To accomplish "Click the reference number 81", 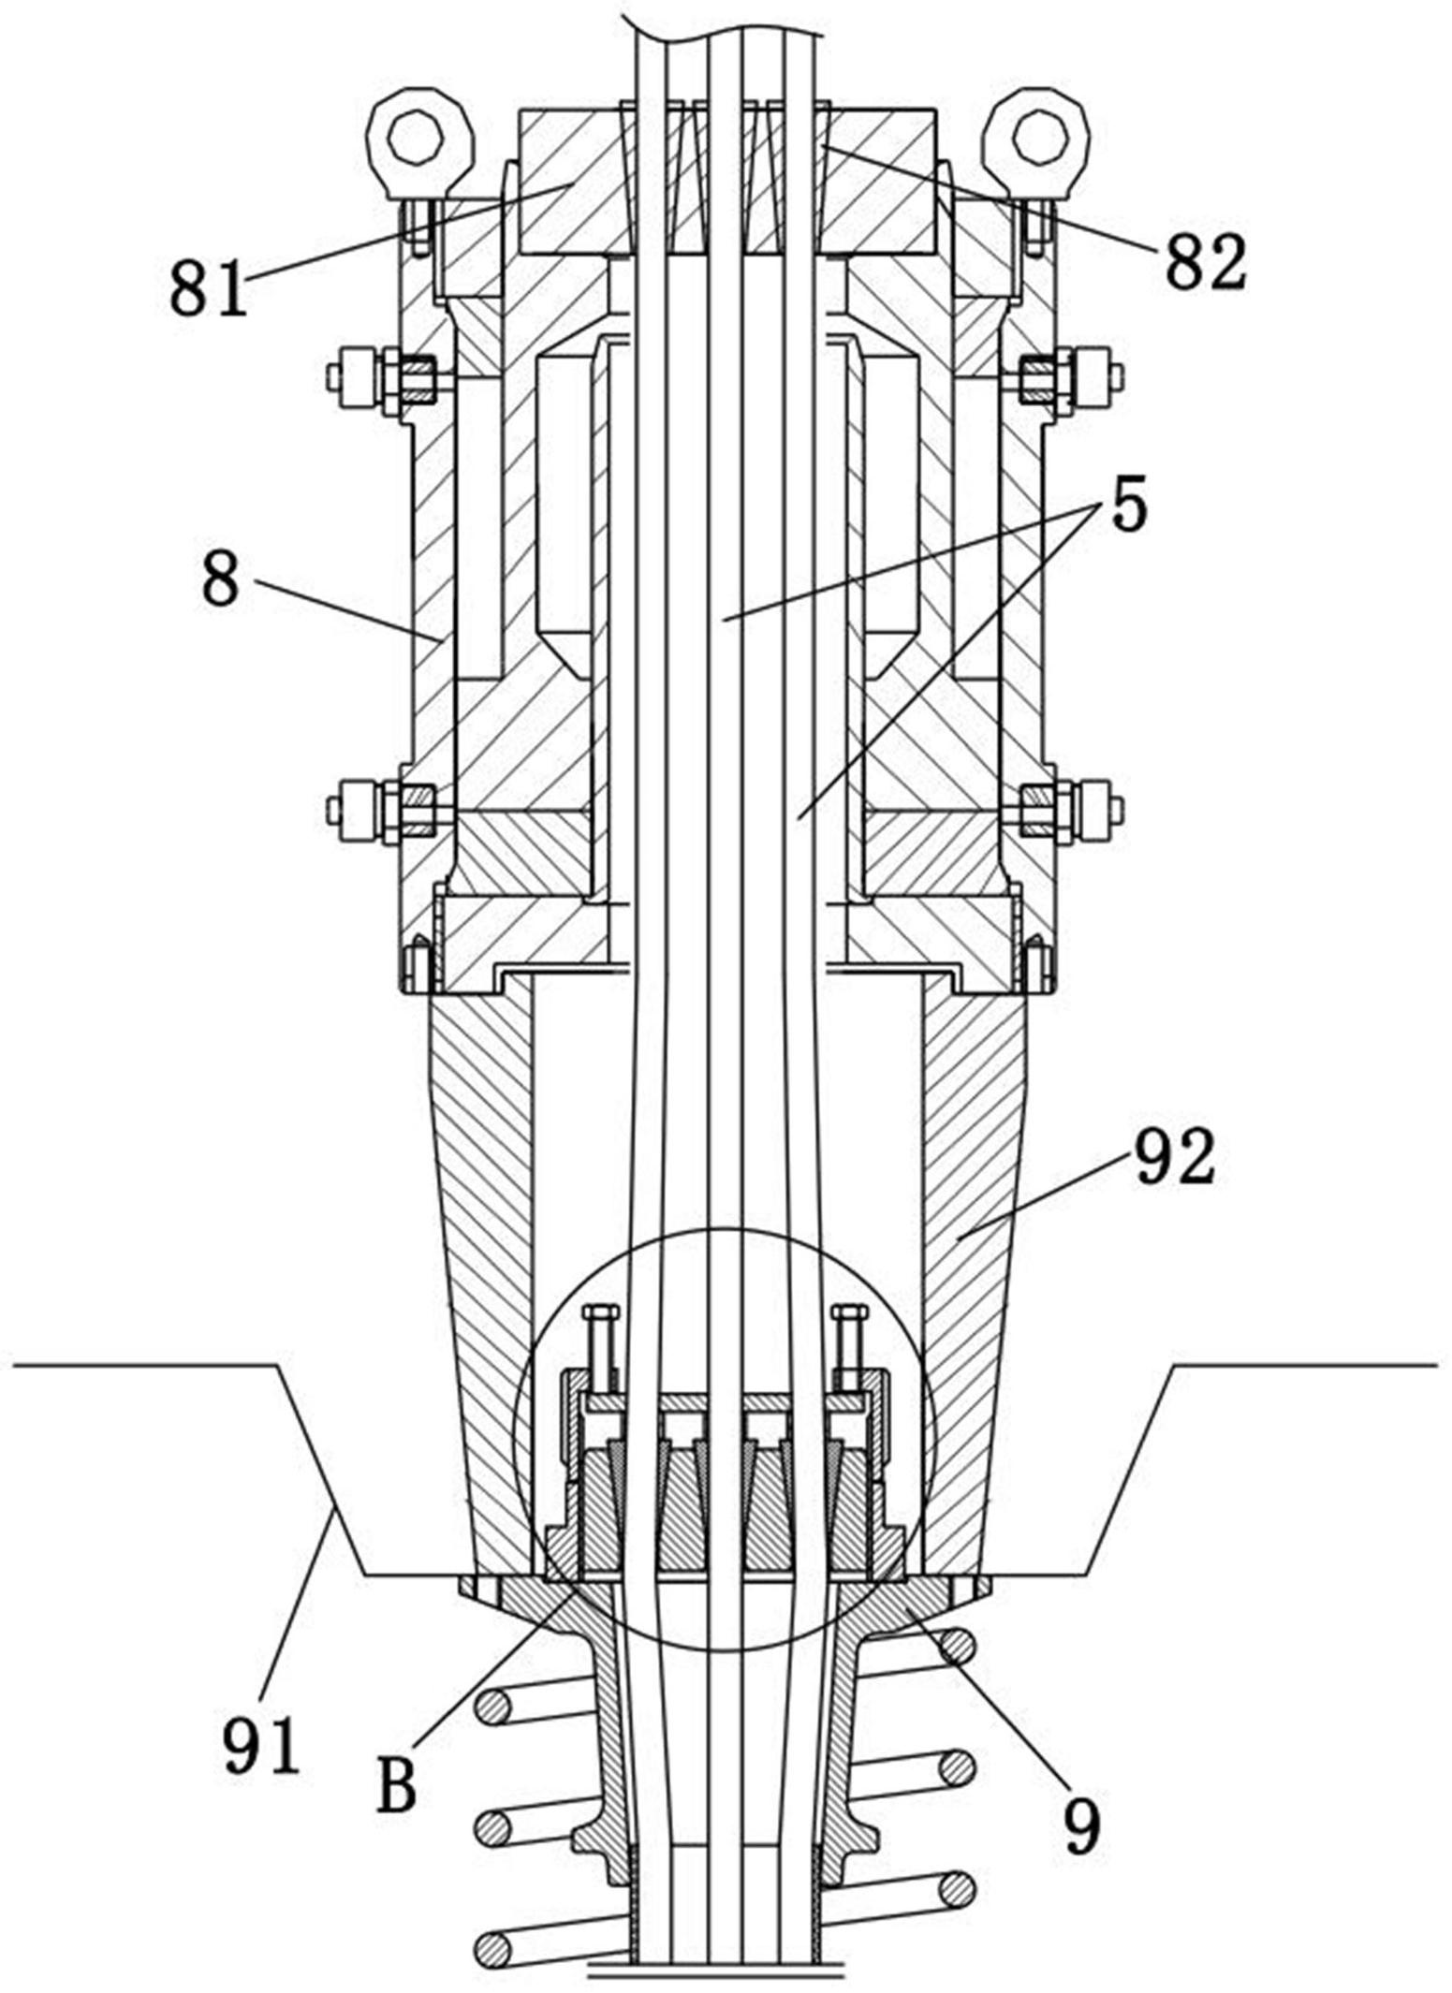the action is pyautogui.click(x=209, y=287).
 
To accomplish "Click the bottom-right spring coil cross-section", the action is pyautogui.click(x=956, y=1886).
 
